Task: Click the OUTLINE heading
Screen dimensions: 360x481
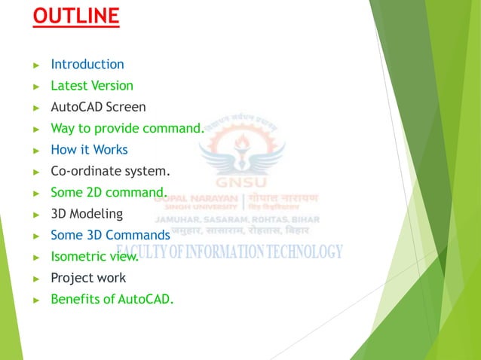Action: pyautogui.click(x=75, y=16)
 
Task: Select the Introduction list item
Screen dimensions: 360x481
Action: pyautogui.click(x=87, y=65)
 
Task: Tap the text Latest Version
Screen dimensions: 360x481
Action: pyautogui.click(x=91, y=86)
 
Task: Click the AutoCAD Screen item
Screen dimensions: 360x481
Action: pyautogui.click(x=98, y=107)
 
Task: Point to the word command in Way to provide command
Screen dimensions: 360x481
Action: pyautogui.click(x=173, y=128)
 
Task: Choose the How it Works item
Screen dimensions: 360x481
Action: pyautogui.click(x=89, y=149)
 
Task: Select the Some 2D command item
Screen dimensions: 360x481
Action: pyautogui.click(x=108, y=192)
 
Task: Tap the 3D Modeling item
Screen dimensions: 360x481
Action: pyautogui.click(x=86, y=213)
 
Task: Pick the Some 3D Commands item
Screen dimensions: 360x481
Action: pyautogui.click(x=110, y=235)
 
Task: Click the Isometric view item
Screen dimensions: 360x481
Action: pyautogui.click(x=94, y=257)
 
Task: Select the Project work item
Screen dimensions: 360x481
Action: pyautogui.click(x=87, y=278)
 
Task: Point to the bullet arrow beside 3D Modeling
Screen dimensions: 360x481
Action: pyautogui.click(x=36, y=214)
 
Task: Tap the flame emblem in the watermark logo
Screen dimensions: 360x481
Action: pyautogui.click(x=240, y=143)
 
